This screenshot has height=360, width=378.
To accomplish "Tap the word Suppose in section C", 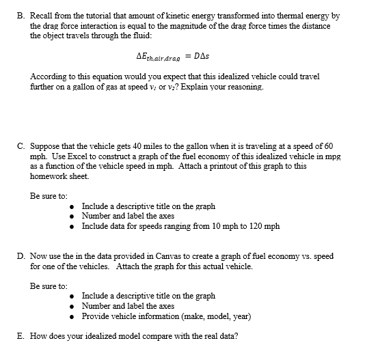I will click(46, 146).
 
